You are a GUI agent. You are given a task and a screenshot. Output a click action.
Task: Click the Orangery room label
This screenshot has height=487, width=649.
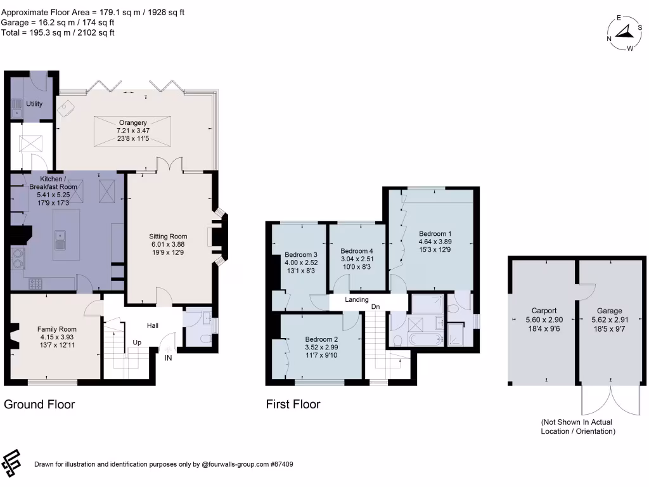tap(132, 123)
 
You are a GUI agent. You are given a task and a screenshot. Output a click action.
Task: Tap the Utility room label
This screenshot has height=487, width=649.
tap(34, 103)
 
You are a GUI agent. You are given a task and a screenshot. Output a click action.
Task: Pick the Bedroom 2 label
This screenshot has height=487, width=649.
tap(321, 340)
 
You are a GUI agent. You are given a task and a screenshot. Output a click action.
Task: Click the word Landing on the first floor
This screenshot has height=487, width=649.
tap(357, 299)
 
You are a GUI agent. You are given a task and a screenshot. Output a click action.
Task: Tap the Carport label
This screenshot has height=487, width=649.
tap(544, 311)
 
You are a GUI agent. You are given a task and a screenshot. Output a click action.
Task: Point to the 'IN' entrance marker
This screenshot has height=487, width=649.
tap(169, 358)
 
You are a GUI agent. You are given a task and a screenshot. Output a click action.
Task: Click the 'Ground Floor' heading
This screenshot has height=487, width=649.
tap(39, 404)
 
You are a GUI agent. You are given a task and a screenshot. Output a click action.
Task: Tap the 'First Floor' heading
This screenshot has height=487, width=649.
tap(293, 404)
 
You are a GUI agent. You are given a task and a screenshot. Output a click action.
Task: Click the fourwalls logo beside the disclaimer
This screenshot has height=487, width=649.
tap(13, 464)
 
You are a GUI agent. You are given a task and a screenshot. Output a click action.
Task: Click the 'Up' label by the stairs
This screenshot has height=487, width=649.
tap(136, 342)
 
